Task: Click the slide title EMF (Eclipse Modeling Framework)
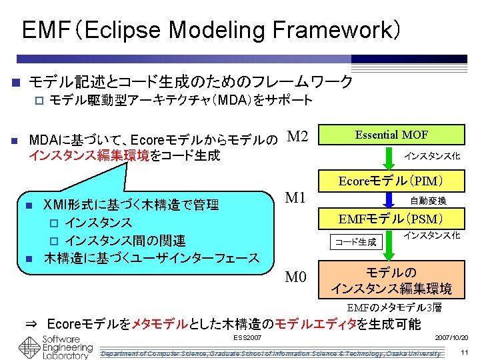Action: pyautogui.click(x=211, y=30)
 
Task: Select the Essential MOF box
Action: pyautogui.click(x=391, y=135)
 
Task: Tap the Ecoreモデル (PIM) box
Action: pyautogui.click(x=391, y=181)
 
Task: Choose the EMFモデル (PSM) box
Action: pyautogui.click(x=391, y=218)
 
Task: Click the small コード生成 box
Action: pyautogui.click(x=355, y=241)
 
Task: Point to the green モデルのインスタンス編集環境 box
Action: pyautogui.click(x=391, y=281)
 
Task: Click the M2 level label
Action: pyautogui.click(x=297, y=137)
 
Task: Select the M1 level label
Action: pyautogui.click(x=295, y=198)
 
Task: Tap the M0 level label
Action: pyautogui.click(x=296, y=277)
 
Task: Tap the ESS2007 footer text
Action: pyautogui.click(x=247, y=338)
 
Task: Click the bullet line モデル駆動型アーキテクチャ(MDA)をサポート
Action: pyautogui.click(x=181, y=101)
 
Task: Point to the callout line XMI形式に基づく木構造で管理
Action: pyautogui.click(x=131, y=204)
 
